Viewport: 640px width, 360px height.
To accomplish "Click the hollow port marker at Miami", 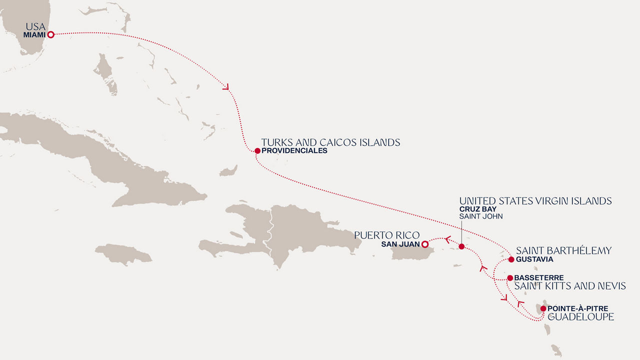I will pos(50,34).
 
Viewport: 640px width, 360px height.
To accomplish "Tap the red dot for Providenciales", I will pos(257,150).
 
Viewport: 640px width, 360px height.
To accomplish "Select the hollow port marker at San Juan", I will pos(424,244).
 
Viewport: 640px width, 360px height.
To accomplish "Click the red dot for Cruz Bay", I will pos(461,246).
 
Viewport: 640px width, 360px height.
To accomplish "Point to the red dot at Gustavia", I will pos(511,259).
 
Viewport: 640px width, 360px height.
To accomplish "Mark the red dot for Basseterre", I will pos(509,278).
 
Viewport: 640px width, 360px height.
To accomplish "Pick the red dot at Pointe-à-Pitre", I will pos(543,308).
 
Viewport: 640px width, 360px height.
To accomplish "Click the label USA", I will pos(35,26).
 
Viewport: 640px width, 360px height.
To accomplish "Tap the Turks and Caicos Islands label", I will pos(330,142).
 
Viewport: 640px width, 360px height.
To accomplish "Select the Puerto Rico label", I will pos(386,235).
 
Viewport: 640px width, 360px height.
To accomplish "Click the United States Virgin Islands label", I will pos(535,201).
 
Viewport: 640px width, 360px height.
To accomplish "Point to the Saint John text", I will pos(480,216).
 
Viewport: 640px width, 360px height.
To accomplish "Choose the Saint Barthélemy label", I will pos(563,250).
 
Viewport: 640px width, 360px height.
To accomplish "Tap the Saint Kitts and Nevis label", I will pos(570,286).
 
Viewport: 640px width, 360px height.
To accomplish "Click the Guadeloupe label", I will pos(580,317).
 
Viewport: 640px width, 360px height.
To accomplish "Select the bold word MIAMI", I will pos(34,35).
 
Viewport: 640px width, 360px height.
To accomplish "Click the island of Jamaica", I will pos(123,254).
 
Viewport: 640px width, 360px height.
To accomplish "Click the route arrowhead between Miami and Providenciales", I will pos(226,87).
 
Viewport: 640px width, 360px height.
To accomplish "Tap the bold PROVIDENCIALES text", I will pos(294,150).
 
